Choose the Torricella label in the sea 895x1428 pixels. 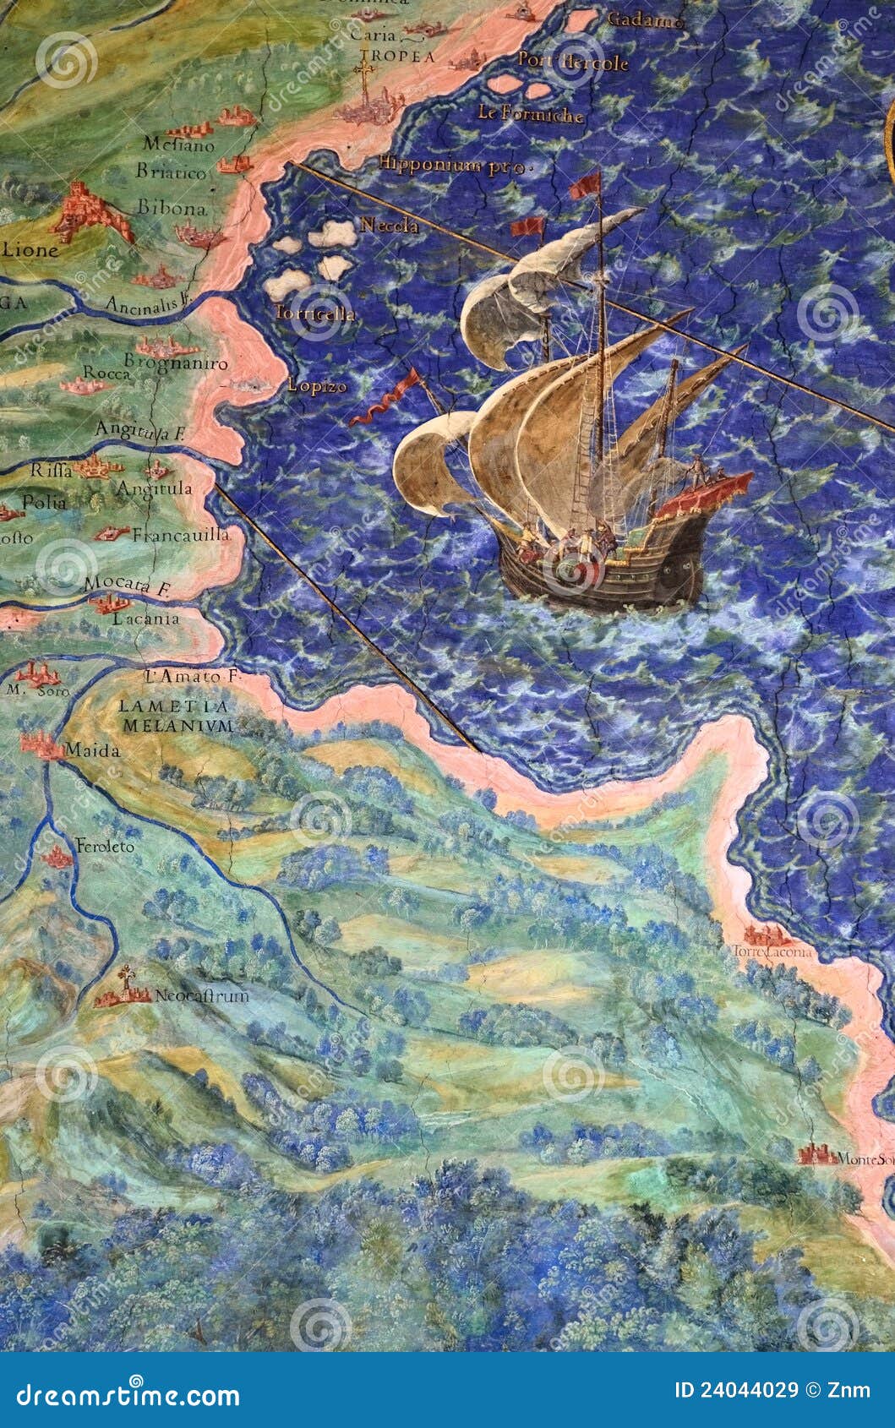314,313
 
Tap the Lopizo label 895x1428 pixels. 317,386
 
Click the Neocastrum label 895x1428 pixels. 201,995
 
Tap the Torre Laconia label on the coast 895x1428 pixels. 778,952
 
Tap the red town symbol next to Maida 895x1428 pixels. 41,744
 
